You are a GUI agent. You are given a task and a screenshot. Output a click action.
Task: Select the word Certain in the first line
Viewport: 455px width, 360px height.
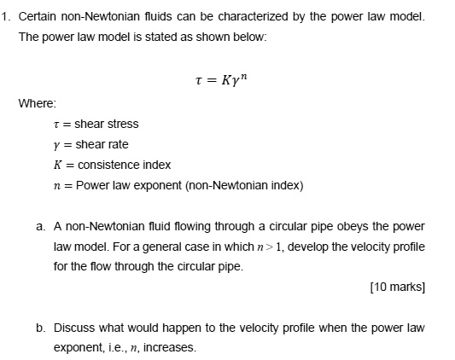[x=40, y=17]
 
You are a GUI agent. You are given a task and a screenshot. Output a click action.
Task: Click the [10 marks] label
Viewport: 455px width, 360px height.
[x=397, y=287]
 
